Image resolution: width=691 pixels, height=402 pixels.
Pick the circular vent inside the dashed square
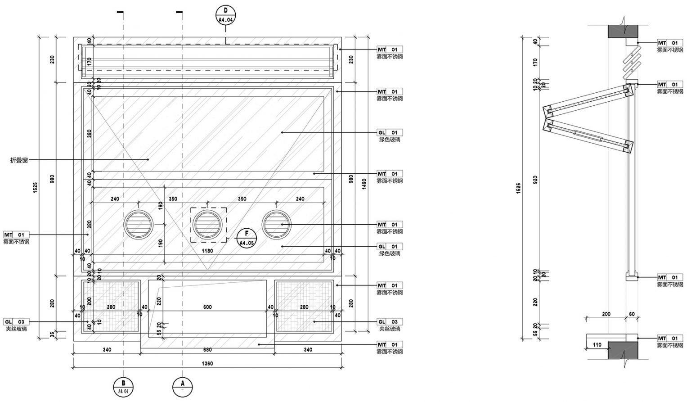[x=207, y=224]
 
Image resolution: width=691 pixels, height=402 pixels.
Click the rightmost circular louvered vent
[x=276, y=224]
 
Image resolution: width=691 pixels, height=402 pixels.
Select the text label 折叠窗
[x=19, y=160]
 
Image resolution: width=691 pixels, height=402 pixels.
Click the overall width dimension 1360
[x=207, y=363]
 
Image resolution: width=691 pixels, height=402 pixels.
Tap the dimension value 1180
[x=207, y=251]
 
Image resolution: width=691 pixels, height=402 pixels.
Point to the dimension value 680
[x=207, y=349]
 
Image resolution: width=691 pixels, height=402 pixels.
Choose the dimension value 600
[x=207, y=307]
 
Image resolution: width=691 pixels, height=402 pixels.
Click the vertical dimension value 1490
[x=364, y=183]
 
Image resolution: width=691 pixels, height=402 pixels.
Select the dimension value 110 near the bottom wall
[x=597, y=345]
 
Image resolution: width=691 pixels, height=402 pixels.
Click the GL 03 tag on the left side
[x=17, y=322]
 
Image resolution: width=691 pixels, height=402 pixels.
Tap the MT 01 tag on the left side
[x=17, y=235]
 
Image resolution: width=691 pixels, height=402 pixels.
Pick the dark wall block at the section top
[x=624, y=31]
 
